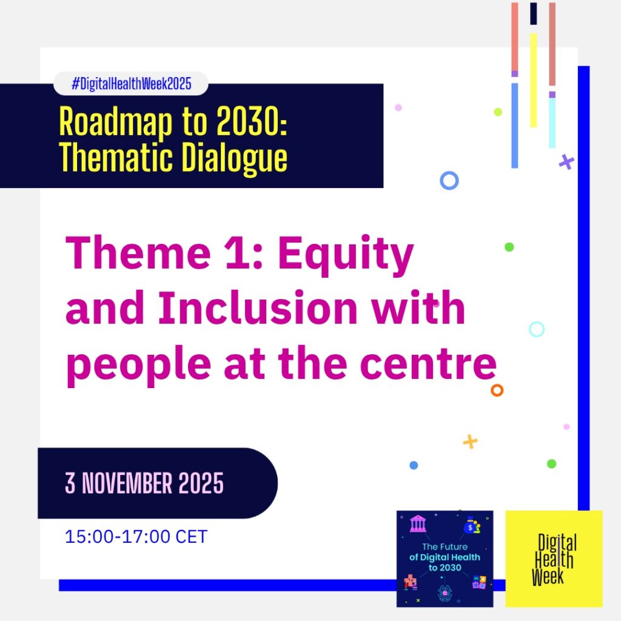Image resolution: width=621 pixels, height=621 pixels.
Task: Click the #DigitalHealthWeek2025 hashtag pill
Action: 131,84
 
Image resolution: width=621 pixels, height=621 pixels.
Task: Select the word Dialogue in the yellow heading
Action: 234,158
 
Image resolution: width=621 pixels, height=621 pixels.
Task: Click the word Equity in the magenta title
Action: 346,255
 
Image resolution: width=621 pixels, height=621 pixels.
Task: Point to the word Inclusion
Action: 258,307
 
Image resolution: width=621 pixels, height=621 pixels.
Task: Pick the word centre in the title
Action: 428,363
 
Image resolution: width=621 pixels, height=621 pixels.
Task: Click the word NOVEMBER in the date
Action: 127,483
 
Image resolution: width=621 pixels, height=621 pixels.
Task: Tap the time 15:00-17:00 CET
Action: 136,537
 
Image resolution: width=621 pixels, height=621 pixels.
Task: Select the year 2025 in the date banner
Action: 201,483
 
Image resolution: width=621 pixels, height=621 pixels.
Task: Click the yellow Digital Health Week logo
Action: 554,559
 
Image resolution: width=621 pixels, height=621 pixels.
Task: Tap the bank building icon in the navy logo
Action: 418,523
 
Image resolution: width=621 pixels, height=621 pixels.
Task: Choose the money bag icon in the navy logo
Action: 472,525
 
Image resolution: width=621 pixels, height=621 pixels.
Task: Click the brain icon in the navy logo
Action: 445,592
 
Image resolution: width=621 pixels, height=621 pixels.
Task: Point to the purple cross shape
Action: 566,162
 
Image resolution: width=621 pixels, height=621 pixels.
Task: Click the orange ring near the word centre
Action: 497,390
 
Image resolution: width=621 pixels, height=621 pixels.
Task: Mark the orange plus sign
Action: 470,441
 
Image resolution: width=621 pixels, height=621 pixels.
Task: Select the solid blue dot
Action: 414,465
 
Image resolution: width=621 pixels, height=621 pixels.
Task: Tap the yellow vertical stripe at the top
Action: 534,81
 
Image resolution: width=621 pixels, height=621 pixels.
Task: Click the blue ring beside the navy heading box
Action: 449,181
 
